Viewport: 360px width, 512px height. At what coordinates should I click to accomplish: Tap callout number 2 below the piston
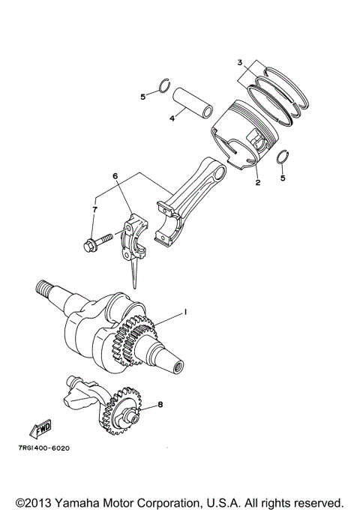(256, 182)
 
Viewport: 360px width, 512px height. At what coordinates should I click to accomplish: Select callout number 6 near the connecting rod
(115, 176)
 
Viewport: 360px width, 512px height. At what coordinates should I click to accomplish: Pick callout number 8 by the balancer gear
(160, 404)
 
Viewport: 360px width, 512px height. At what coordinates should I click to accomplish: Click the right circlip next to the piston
(283, 157)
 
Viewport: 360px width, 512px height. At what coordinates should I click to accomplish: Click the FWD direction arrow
(37, 429)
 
